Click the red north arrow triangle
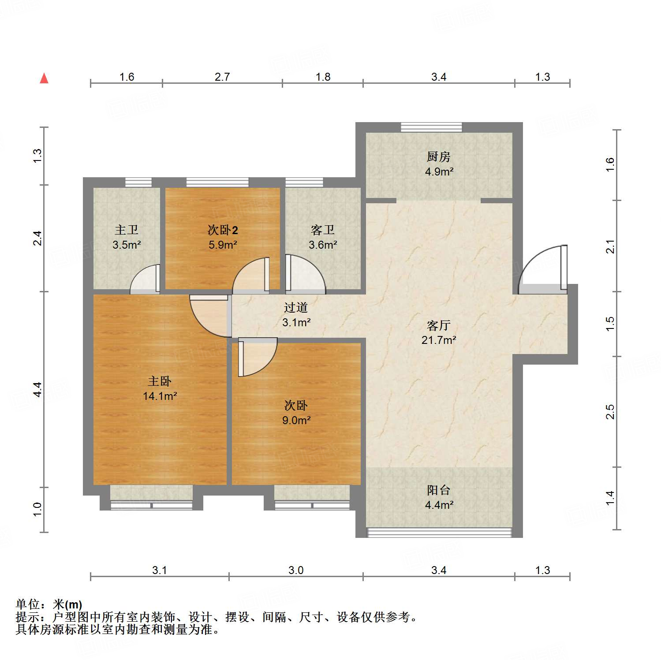click(44, 78)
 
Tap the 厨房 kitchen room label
click(438, 157)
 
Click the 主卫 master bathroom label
click(127, 230)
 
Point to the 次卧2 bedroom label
click(223, 230)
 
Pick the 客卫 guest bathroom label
click(323, 230)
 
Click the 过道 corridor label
click(296, 307)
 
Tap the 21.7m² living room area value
click(439, 340)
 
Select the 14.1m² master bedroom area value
click(160, 396)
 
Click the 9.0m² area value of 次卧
click(296, 420)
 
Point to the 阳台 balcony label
click(439, 490)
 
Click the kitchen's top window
click(431, 127)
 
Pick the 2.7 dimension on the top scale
click(222, 77)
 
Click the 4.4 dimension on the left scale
click(38, 389)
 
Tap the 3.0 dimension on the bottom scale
click(296, 570)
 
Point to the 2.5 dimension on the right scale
click(610, 412)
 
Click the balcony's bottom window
click(439, 532)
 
